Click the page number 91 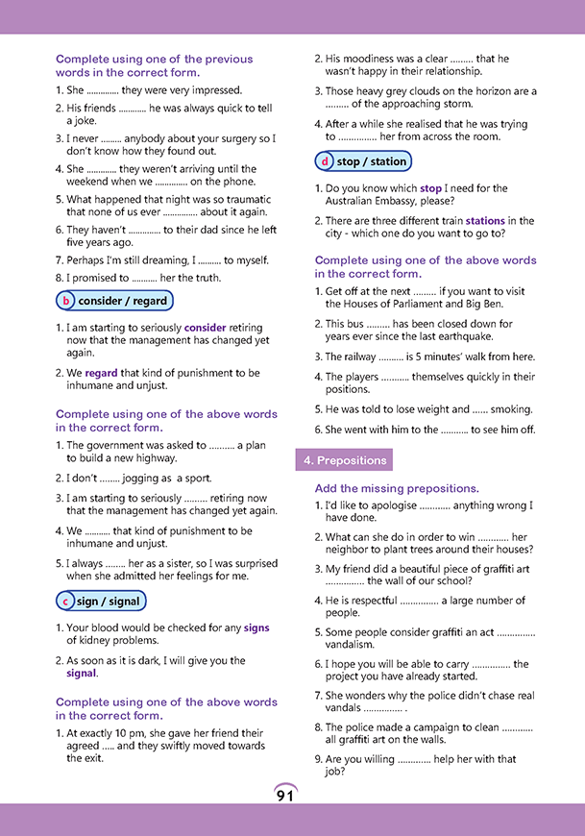point(285,795)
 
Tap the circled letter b point(66,301)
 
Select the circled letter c point(65,602)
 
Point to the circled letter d point(326,161)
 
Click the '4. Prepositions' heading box point(343,460)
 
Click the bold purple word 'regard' point(101,373)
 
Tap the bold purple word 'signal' point(82,674)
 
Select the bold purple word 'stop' point(431,188)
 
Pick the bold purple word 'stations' point(485,221)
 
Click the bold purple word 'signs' point(256,628)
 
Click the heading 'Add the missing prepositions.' point(397,488)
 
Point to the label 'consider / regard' point(123,301)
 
